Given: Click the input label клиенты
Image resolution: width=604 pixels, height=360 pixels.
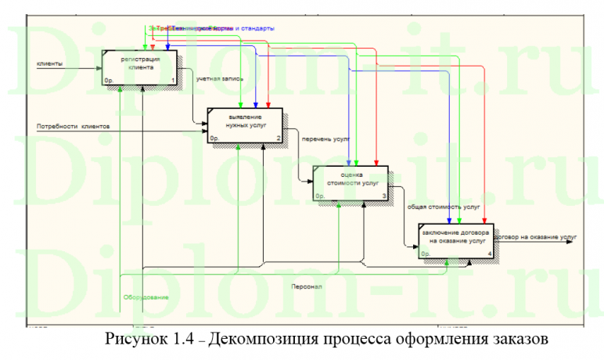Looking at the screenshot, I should (x=50, y=63).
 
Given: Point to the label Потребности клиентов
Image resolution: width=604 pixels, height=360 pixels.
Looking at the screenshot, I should (x=73, y=125).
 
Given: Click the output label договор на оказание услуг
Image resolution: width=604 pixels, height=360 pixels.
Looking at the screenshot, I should (x=536, y=234).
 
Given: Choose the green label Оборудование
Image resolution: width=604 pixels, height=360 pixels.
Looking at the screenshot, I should (x=146, y=298).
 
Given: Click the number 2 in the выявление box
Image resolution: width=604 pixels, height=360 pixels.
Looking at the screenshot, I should (x=278, y=139).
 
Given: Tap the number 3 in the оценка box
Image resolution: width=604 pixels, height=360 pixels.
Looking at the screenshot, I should (x=383, y=196).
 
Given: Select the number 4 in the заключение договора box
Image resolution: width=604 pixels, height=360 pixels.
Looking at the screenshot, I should (x=489, y=254).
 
